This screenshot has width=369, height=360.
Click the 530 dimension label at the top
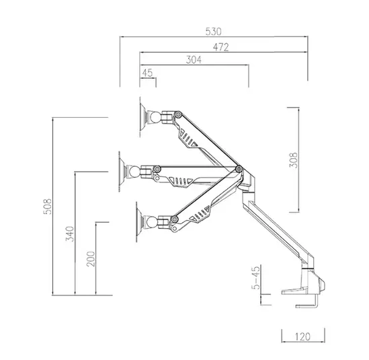[213, 32]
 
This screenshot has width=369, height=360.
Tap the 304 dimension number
[194, 60]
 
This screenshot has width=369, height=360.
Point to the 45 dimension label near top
[148, 73]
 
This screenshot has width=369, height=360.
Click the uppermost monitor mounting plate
[143, 116]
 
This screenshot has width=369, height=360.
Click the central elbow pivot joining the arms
[239, 169]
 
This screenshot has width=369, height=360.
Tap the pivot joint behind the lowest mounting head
[177, 218]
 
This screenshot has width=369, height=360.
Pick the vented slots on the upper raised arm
[189, 141]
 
